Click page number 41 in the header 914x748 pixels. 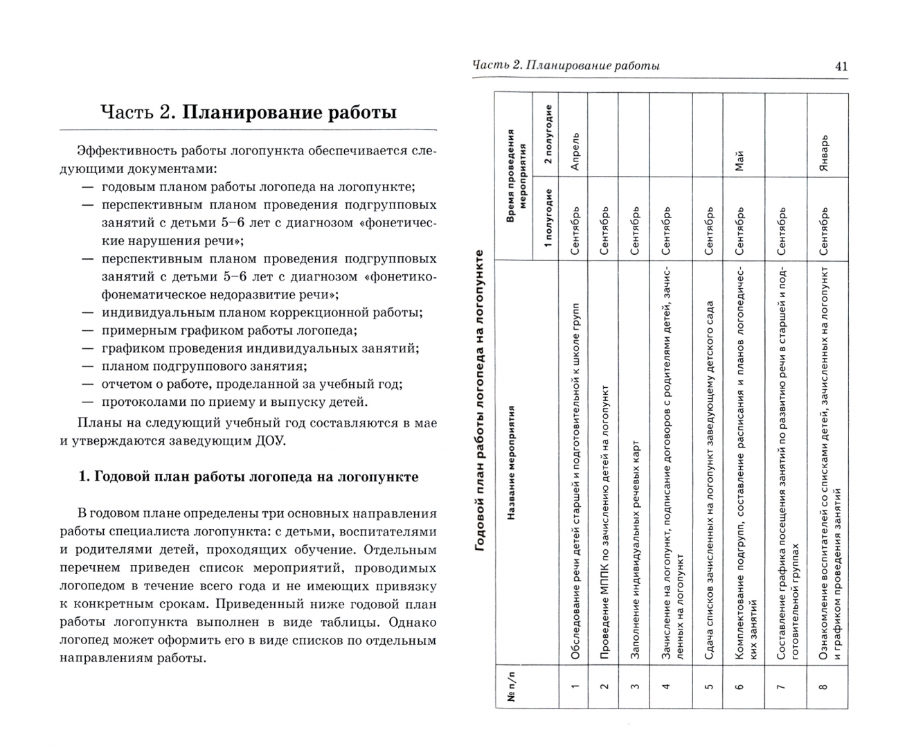click(x=841, y=66)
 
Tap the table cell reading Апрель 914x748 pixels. click(x=574, y=152)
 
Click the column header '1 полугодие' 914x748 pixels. click(x=547, y=218)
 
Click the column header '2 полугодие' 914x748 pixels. click(x=547, y=134)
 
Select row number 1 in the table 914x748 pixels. click(x=574, y=686)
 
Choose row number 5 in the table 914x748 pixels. click(x=708, y=686)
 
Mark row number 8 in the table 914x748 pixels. click(x=824, y=686)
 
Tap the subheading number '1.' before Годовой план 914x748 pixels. click(x=84, y=477)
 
